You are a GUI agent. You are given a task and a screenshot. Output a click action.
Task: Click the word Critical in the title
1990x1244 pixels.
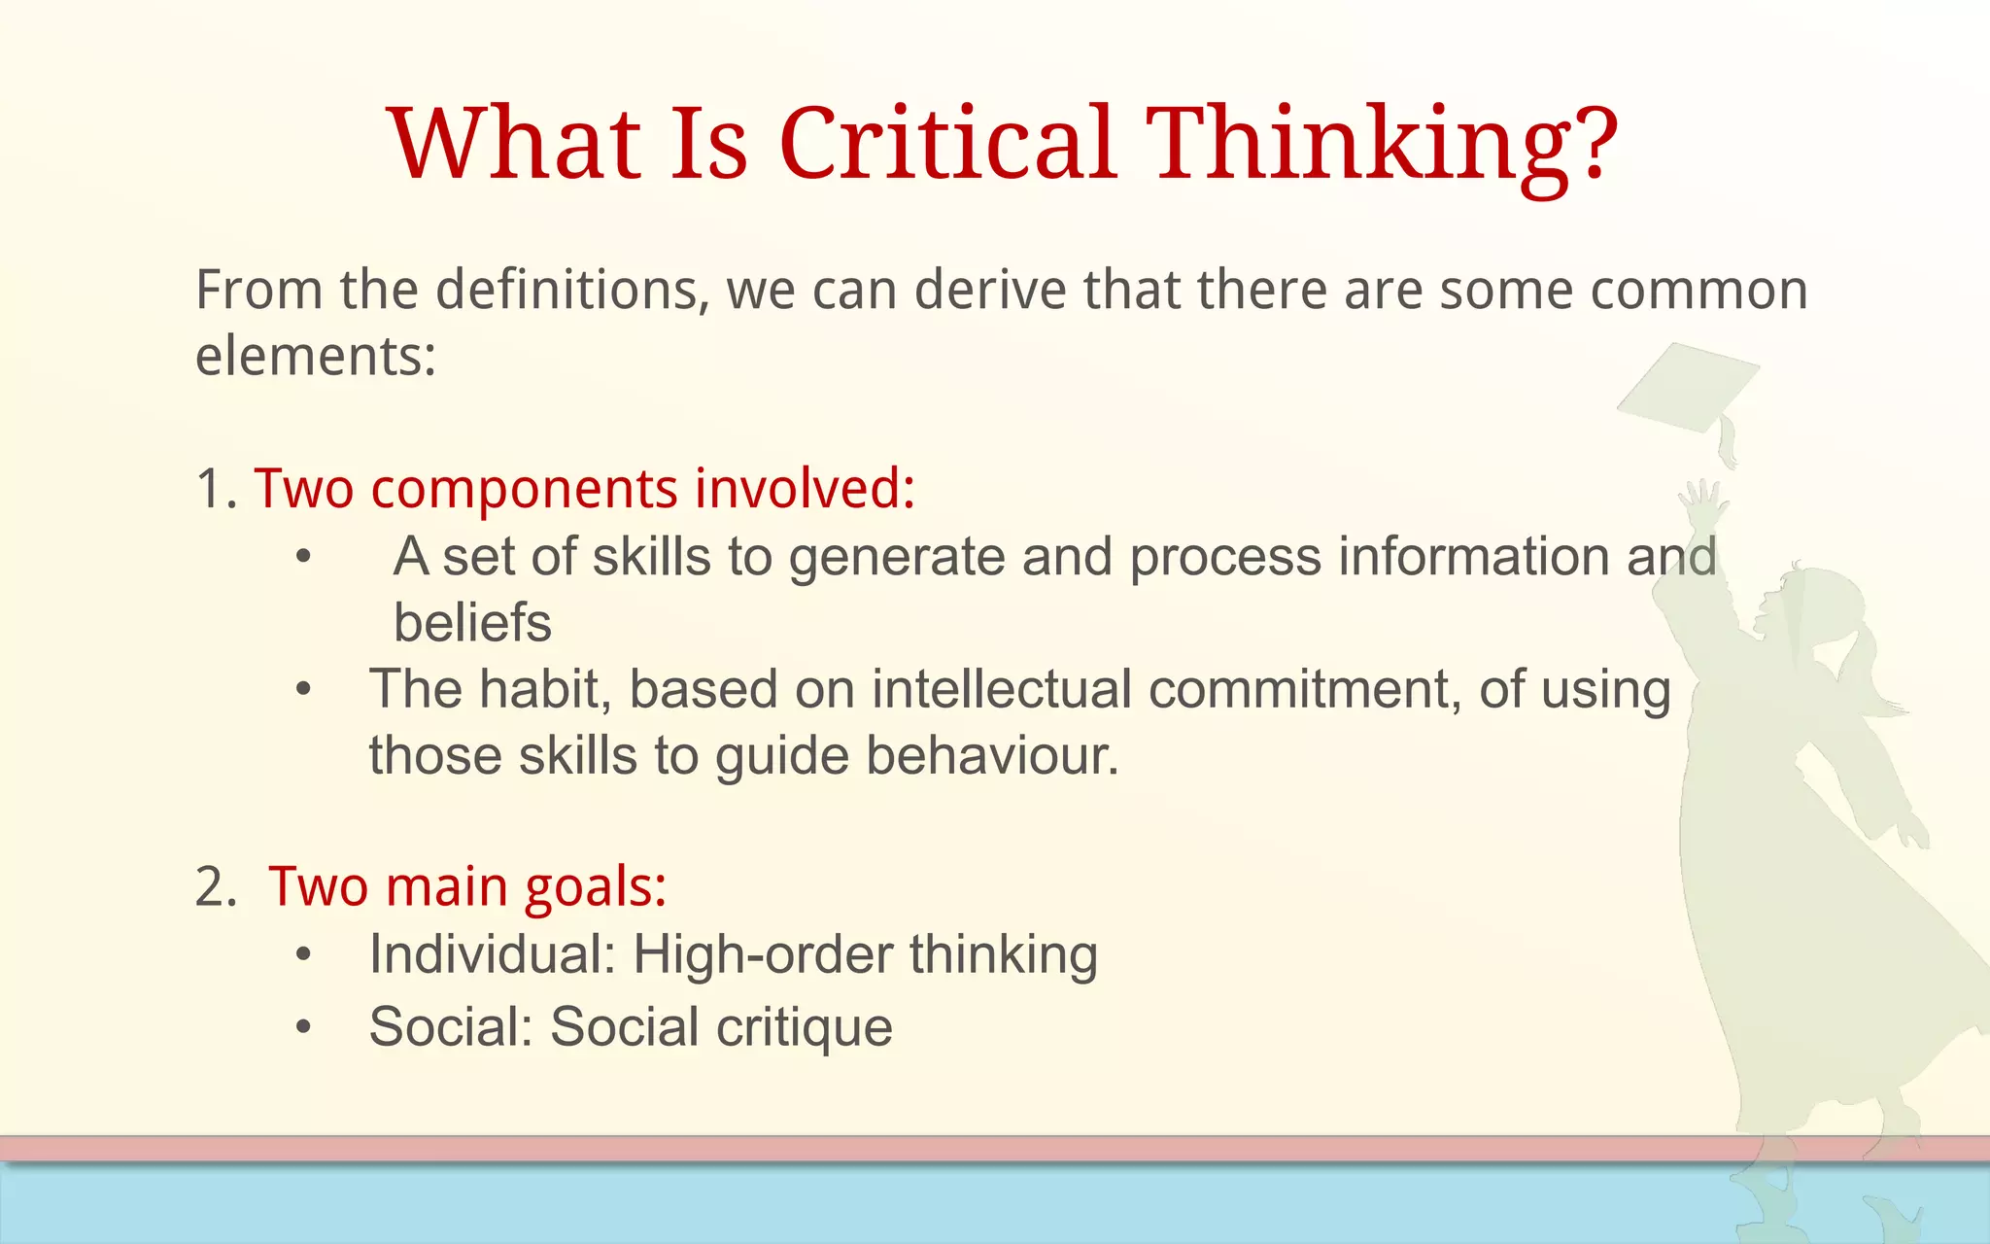pyautogui.click(x=947, y=144)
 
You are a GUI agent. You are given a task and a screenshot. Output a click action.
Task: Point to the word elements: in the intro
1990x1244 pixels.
pyautogui.click(x=316, y=356)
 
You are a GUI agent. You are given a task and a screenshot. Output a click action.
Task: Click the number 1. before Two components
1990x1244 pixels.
pyautogui.click(x=216, y=488)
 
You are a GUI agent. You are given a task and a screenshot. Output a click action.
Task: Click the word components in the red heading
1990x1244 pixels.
pyautogui.click(x=524, y=490)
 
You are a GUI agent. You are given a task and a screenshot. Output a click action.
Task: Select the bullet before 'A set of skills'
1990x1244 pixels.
pyautogui.click(x=304, y=558)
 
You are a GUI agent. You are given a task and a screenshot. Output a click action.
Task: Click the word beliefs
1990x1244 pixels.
pyautogui.click(x=472, y=622)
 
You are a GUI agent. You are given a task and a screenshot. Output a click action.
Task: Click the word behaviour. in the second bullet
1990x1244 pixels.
pyautogui.click(x=992, y=755)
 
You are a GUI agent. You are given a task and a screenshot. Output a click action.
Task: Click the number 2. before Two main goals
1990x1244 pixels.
pyautogui.click(x=216, y=886)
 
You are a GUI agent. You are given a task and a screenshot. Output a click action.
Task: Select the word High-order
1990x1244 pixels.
pyautogui.click(x=763, y=954)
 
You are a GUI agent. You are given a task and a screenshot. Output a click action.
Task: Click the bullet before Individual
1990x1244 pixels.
pyautogui.click(x=304, y=955)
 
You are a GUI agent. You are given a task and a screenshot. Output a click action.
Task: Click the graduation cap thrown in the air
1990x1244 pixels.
pyautogui.click(x=1691, y=389)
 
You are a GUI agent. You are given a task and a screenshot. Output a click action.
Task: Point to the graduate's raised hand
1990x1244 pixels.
pyautogui.click(x=1702, y=501)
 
